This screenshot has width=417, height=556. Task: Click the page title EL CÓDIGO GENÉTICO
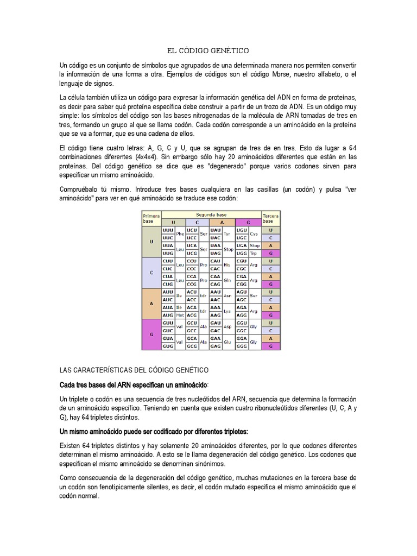(x=208, y=51)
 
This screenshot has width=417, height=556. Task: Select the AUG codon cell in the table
(x=168, y=315)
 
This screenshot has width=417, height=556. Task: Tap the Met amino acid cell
(x=179, y=315)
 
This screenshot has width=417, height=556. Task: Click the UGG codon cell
(x=242, y=253)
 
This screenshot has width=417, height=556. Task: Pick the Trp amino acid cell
(x=253, y=253)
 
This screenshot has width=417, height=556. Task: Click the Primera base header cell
(x=151, y=218)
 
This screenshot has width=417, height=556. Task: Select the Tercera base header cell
(x=270, y=218)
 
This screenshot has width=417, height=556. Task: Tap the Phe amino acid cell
(x=180, y=234)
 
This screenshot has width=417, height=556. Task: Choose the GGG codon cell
(x=242, y=346)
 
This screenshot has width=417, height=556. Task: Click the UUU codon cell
(x=168, y=230)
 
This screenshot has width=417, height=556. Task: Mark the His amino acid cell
(x=228, y=265)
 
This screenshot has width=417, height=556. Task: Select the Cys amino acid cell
(x=254, y=234)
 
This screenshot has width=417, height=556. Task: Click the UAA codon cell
(x=216, y=245)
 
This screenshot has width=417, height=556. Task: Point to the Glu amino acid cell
(x=228, y=342)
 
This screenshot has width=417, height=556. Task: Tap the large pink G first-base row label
(x=151, y=334)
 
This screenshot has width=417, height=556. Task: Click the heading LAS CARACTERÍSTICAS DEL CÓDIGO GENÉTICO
(x=134, y=370)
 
